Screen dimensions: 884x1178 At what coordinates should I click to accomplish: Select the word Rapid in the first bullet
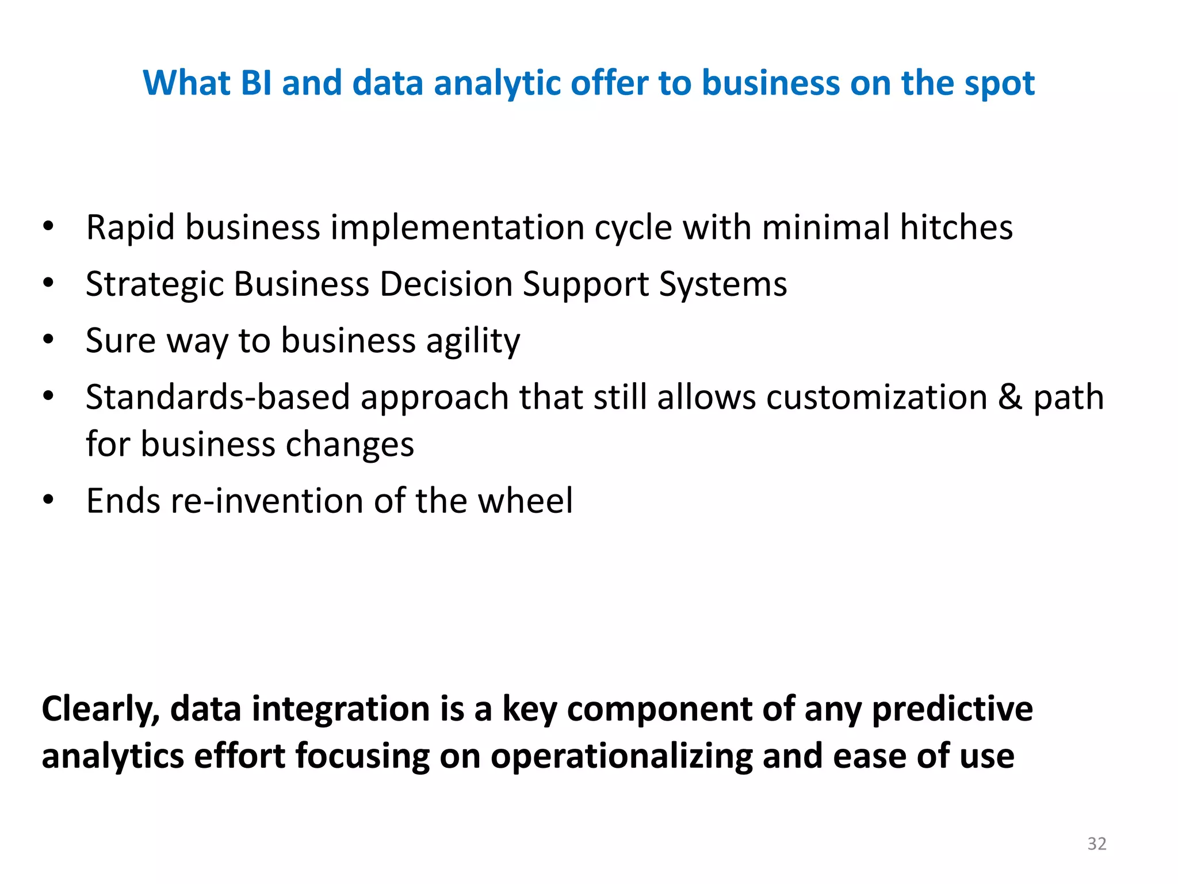(130, 228)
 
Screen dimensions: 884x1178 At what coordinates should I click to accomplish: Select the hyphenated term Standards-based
(217, 398)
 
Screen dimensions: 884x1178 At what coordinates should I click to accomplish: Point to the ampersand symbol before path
(1010, 398)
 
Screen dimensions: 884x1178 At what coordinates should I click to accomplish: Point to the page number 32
(1096, 844)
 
